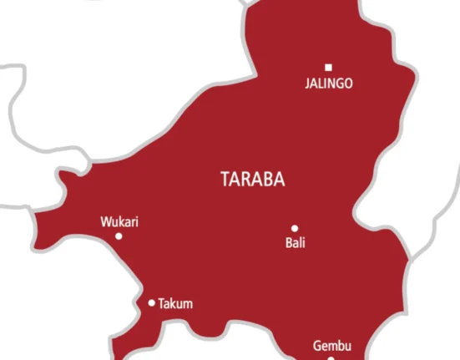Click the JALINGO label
(x=329, y=84)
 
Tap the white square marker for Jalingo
(x=328, y=67)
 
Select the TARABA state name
(x=251, y=179)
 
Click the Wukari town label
(x=119, y=222)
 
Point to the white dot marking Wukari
(x=119, y=236)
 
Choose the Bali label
(x=296, y=243)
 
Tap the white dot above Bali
(x=295, y=228)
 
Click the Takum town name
(x=175, y=304)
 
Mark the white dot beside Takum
(x=151, y=303)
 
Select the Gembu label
(x=332, y=345)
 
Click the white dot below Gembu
(x=331, y=358)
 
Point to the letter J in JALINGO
(x=307, y=84)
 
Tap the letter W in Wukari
(x=105, y=222)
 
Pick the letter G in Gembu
(x=317, y=345)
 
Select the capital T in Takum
(x=161, y=304)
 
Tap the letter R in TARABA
(x=248, y=179)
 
